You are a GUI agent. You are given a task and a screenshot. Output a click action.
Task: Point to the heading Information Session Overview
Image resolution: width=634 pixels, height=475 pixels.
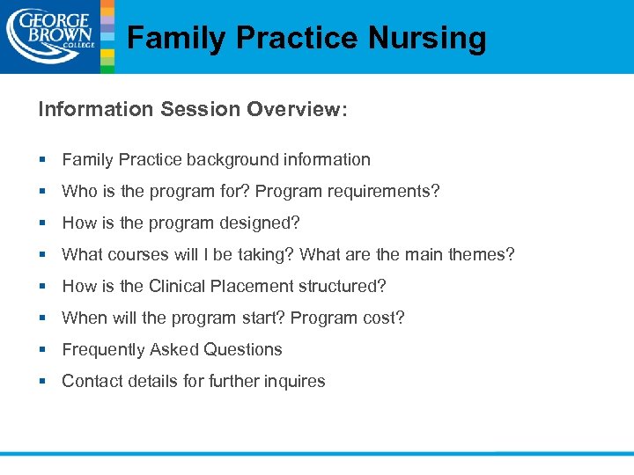point(193,109)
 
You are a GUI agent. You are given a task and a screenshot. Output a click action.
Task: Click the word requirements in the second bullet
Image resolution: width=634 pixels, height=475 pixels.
point(386,191)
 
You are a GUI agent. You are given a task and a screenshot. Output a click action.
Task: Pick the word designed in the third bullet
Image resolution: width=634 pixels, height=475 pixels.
point(258,223)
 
